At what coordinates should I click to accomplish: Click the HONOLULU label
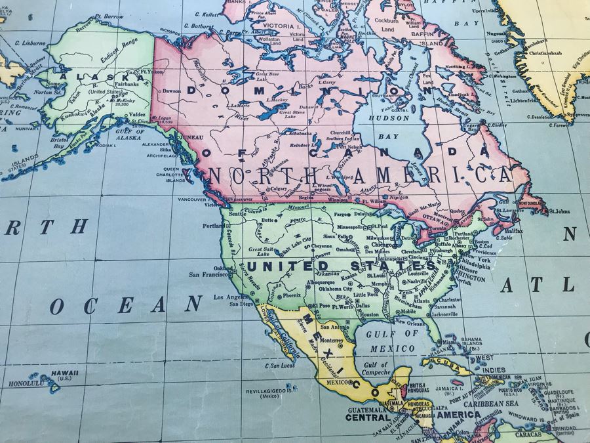(x=26, y=383)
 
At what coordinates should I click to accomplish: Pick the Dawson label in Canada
(x=172, y=91)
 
